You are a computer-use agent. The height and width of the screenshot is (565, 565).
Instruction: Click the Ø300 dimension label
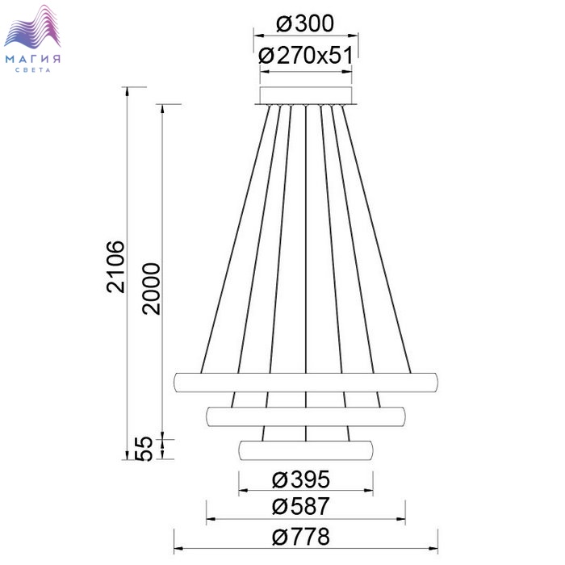point(305,24)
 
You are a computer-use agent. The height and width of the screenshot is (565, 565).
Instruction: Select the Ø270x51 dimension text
point(306,56)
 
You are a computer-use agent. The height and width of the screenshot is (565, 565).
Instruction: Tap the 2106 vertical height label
point(115,266)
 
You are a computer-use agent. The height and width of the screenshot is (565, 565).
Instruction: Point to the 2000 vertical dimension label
point(151,289)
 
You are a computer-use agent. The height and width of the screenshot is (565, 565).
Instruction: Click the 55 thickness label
point(144,449)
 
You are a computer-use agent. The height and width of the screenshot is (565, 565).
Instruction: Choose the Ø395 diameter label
point(301,479)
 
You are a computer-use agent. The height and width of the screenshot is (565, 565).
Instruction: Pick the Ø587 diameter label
point(301,506)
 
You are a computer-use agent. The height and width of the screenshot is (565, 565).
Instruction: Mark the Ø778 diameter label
point(301,537)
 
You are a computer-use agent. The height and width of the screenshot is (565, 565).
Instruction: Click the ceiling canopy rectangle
point(306,95)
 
